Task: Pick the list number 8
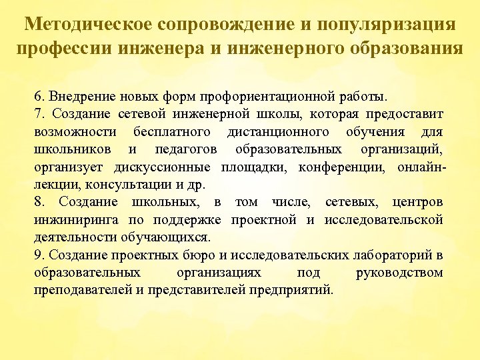point(38,202)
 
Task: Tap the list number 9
point(38,255)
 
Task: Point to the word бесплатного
point(172,130)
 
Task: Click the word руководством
point(399,273)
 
